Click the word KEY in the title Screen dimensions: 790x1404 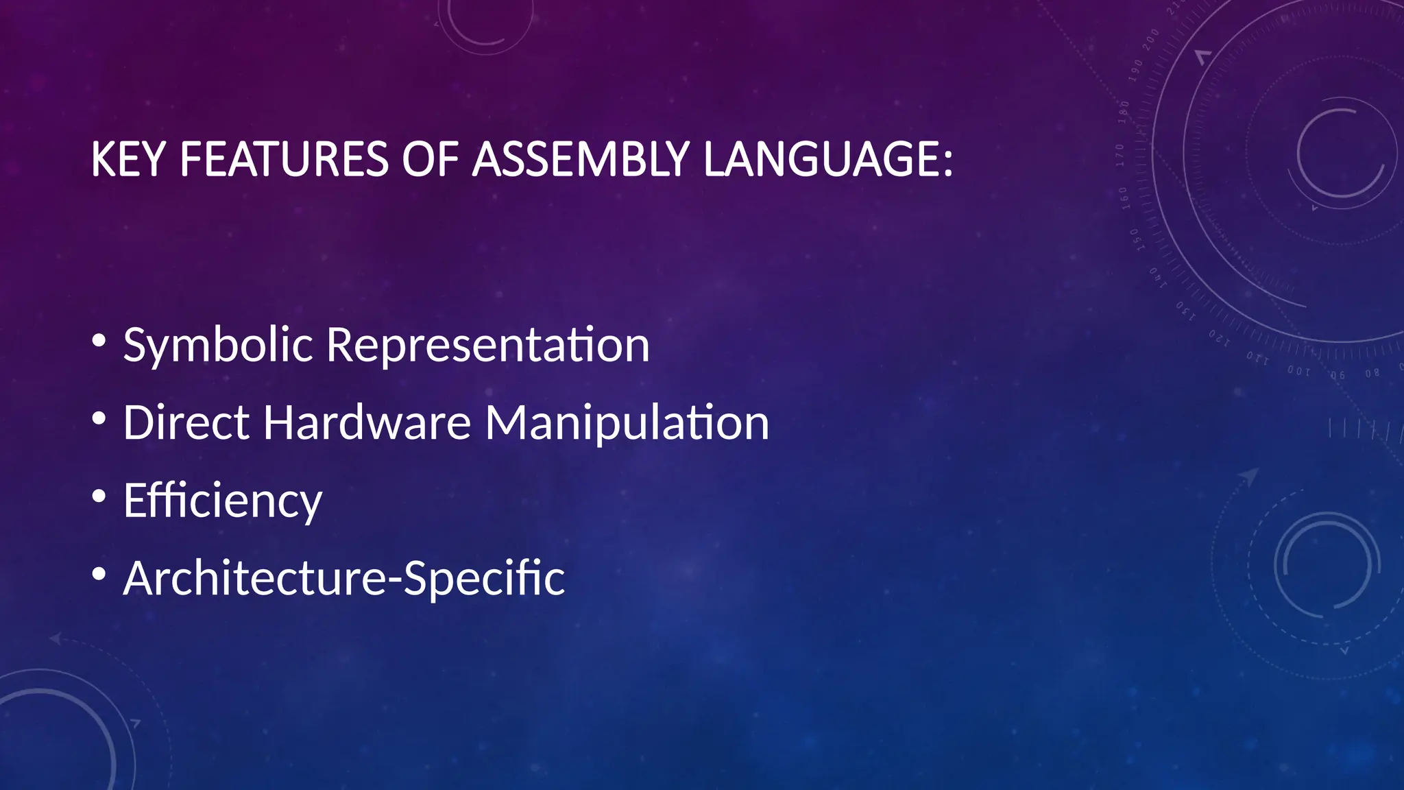point(128,160)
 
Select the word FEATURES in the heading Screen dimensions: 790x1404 point(284,160)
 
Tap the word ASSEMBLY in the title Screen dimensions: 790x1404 point(581,160)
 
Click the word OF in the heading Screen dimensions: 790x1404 point(430,160)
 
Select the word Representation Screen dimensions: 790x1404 point(487,345)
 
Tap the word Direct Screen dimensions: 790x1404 point(185,422)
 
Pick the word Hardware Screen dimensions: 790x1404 point(367,422)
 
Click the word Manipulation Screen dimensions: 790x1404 point(627,422)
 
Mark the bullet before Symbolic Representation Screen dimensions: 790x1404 point(99,341)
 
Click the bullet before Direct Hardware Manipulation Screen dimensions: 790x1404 point(99,418)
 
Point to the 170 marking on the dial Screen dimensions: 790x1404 point(1119,156)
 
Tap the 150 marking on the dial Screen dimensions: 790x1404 point(1135,239)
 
